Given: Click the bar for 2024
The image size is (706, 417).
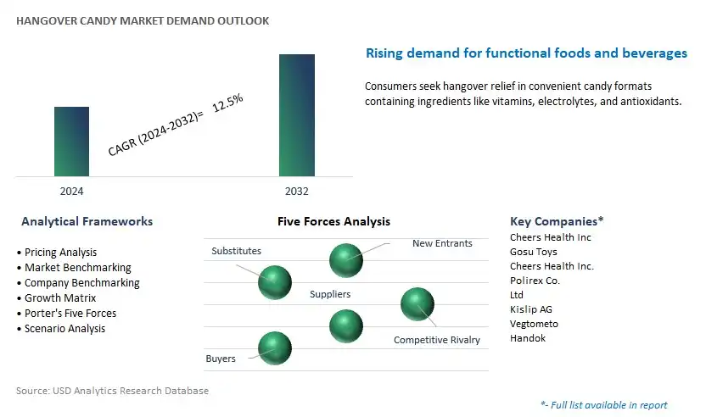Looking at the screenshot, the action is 71,142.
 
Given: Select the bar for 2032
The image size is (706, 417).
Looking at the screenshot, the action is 297,115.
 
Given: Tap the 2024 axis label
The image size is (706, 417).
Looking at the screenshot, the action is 71,192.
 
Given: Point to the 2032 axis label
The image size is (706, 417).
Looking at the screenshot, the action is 297,192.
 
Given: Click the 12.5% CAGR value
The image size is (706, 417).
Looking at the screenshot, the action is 227,103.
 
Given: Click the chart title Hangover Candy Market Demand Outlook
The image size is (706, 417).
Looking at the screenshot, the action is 143,20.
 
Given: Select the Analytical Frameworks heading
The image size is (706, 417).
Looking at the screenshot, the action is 87,221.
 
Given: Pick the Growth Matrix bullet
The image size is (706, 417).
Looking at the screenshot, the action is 56,297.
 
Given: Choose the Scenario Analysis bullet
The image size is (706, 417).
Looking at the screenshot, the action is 61,328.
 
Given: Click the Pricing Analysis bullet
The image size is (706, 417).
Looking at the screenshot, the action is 57,252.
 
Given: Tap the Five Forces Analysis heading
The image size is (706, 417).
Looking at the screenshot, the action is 333,221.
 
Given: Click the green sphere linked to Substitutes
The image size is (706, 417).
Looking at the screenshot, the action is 275,282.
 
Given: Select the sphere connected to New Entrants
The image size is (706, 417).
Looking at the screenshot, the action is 346,260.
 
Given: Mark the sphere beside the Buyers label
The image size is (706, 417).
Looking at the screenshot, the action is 275,348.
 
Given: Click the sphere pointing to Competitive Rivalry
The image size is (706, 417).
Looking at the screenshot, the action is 417,304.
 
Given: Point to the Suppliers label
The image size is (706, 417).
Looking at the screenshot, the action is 330,294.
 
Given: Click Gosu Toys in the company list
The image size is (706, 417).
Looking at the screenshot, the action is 534,252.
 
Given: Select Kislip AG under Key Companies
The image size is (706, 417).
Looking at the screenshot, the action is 531,309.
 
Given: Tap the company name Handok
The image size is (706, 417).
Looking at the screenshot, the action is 528,338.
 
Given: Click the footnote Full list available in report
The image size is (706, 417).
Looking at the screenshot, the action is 604,405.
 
